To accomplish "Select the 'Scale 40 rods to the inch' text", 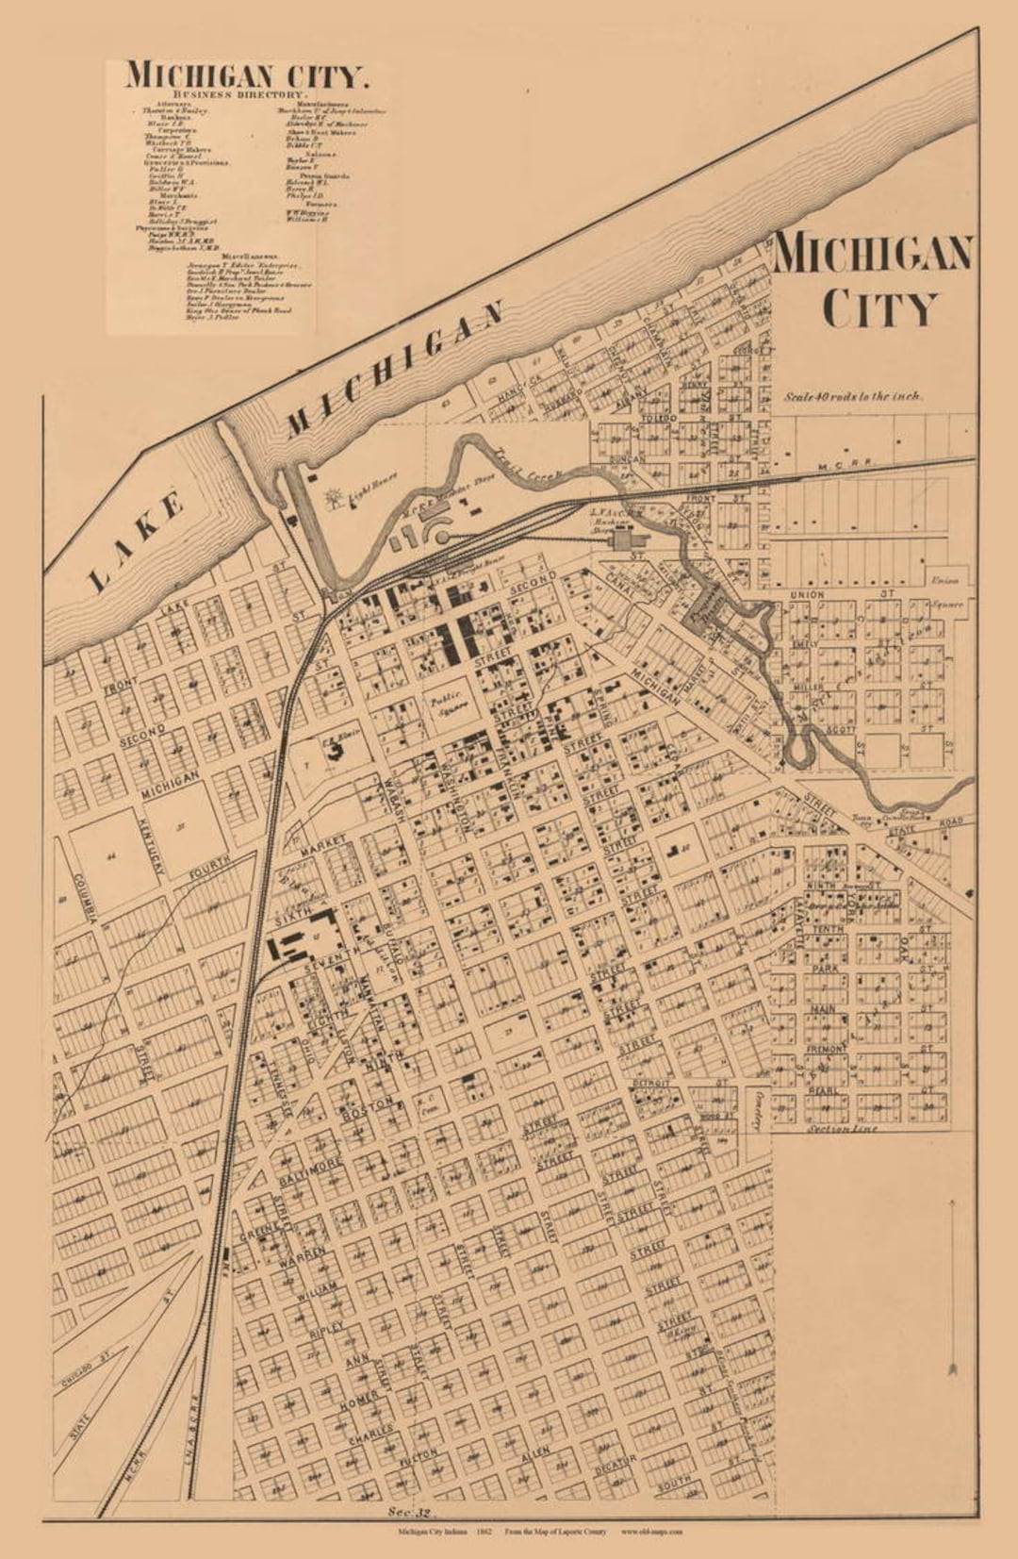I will [854, 397].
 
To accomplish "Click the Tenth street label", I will [829, 930].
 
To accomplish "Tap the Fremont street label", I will [827, 1049].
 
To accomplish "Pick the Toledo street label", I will [659, 418].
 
